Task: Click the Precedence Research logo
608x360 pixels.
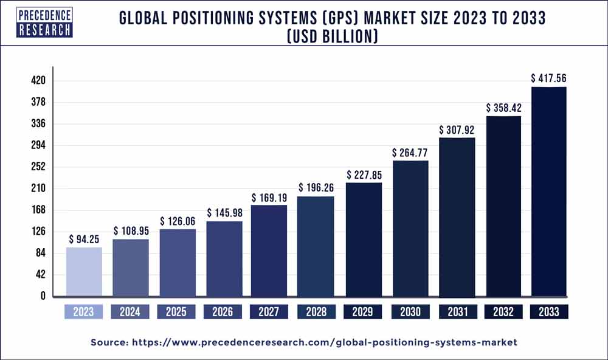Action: pyautogui.click(x=44, y=22)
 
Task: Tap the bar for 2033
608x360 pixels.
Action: pyautogui.click(x=549, y=192)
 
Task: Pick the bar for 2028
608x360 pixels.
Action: pyautogui.click(x=316, y=246)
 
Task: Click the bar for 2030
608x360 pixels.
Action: pyautogui.click(x=410, y=229)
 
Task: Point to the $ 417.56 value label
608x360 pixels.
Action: pyautogui.click(x=549, y=78)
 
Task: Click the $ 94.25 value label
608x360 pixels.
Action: pyautogui.click(x=84, y=238)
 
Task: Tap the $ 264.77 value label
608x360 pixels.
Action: pyautogui.click(x=410, y=153)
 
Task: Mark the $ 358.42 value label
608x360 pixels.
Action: pyautogui.click(x=503, y=108)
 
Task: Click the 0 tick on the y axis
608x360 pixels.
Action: pyautogui.click(x=43, y=296)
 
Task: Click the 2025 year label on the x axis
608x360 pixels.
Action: pyautogui.click(x=176, y=312)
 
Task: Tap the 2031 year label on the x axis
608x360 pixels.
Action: pyautogui.click(x=456, y=312)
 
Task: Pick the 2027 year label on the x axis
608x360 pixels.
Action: pyautogui.click(x=269, y=312)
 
